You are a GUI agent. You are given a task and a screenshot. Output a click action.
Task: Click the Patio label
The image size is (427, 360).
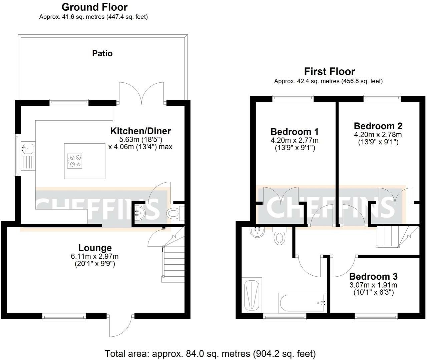102,53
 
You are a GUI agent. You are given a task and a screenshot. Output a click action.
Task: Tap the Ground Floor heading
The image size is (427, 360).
94,7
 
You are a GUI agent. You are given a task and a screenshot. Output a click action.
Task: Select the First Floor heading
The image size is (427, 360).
330,72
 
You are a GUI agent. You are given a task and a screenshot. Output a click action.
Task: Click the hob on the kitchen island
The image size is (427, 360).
74,161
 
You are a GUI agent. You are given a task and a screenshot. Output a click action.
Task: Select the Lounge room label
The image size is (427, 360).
95,248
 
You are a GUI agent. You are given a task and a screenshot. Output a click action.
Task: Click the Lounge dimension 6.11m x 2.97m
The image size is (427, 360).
95,256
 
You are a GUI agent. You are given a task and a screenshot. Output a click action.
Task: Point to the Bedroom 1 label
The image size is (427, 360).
295,132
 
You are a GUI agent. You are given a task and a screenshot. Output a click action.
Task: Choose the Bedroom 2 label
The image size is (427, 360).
378,126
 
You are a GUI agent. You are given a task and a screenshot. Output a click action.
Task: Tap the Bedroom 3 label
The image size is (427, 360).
373,276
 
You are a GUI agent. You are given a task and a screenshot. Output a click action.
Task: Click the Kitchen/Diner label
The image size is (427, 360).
140,131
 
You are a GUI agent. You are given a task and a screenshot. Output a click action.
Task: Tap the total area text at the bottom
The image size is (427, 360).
210,353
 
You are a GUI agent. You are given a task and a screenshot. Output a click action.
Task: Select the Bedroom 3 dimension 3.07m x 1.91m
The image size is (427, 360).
373,285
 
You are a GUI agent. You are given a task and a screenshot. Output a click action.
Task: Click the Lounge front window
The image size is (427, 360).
64,316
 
